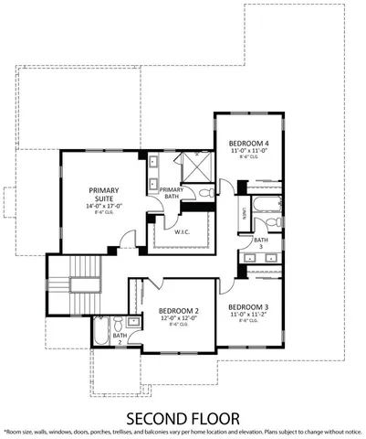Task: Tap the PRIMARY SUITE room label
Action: tap(102, 195)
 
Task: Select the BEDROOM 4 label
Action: tap(248, 143)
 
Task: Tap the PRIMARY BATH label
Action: tap(172, 193)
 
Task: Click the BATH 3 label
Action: tap(260, 244)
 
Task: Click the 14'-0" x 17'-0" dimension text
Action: tap(102, 207)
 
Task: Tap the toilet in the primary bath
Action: tap(207, 193)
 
